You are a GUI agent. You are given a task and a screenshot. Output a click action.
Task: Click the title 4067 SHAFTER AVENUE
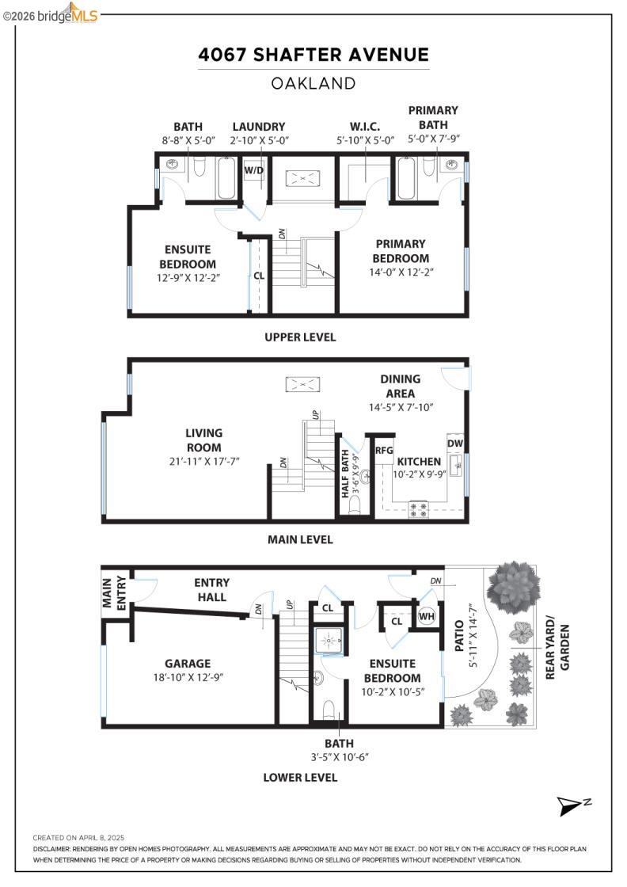(313, 55)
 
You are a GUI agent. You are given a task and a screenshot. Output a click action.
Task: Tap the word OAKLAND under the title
(313, 83)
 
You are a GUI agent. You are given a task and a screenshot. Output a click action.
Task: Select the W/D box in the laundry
(253, 170)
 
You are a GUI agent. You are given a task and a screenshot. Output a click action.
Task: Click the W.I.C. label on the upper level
(365, 127)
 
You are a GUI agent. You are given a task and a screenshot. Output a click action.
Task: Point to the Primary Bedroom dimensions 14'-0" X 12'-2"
(401, 272)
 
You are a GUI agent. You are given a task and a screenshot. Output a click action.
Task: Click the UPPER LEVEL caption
(300, 337)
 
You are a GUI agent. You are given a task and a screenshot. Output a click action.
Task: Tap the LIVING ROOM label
(204, 440)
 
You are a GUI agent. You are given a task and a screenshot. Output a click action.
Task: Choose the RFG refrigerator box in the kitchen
(384, 450)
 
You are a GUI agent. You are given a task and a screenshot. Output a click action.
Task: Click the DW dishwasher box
(455, 443)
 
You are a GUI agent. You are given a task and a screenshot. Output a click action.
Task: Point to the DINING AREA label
(401, 386)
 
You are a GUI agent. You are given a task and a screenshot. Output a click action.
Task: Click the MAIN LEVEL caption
(300, 539)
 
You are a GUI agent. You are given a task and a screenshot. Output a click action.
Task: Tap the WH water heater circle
(427, 616)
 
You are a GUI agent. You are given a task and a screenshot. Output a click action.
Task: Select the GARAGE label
(188, 664)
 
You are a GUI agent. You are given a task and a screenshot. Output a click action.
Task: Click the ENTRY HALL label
(211, 590)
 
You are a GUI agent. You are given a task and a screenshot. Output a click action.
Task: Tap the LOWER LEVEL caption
(300, 777)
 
